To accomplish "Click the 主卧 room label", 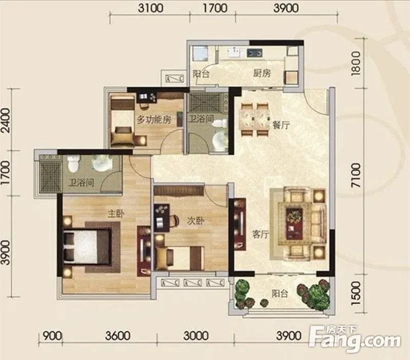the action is coord(116,214).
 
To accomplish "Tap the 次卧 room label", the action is coord(195,221).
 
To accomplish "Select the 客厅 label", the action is coord(260,235).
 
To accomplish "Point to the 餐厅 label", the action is coord(281,125).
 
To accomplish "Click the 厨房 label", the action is coord(262,73).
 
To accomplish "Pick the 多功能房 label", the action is coord(154,120).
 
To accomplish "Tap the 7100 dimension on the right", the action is coord(356,175).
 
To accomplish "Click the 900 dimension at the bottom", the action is coord(52,336).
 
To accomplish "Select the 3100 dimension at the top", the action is coord(151,8).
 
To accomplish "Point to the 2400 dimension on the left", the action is coord(6,120).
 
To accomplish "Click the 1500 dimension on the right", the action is coord(356,293).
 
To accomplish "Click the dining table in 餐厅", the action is coord(255,119).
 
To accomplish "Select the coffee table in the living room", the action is coord(294,223).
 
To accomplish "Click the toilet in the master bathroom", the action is coord(73,163).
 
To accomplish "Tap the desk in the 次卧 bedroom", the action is coord(161,218).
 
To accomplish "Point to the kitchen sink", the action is coord(234,52).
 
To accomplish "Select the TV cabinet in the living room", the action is coord(240,224).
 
